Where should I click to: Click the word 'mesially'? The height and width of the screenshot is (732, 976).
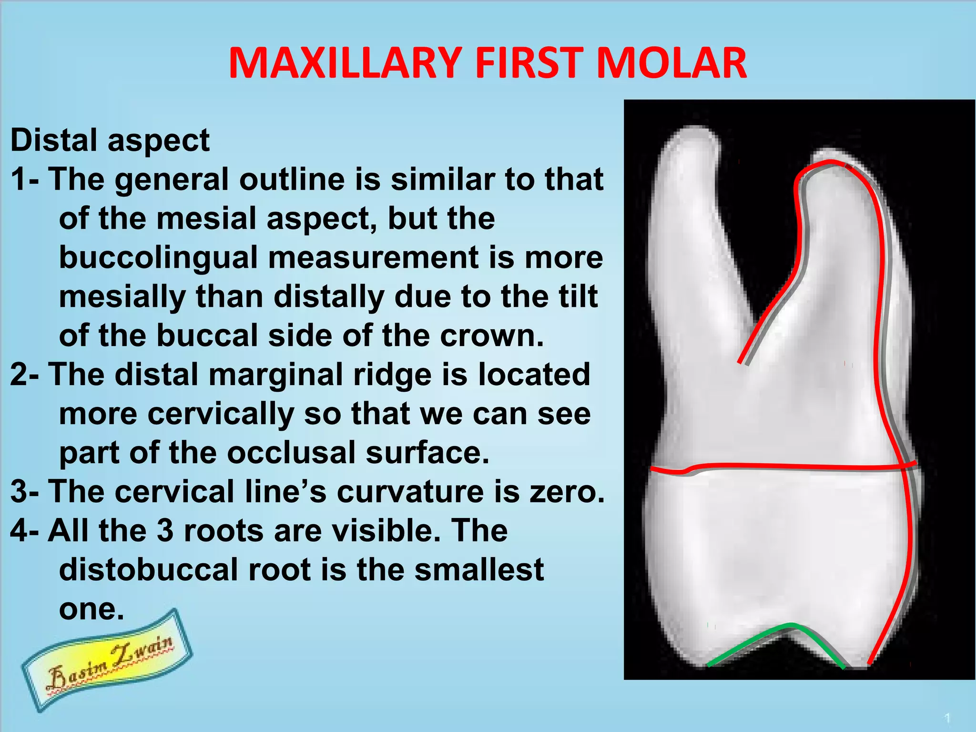122,296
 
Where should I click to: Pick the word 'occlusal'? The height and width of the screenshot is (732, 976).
291,453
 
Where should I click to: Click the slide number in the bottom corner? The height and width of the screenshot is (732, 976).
948,718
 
